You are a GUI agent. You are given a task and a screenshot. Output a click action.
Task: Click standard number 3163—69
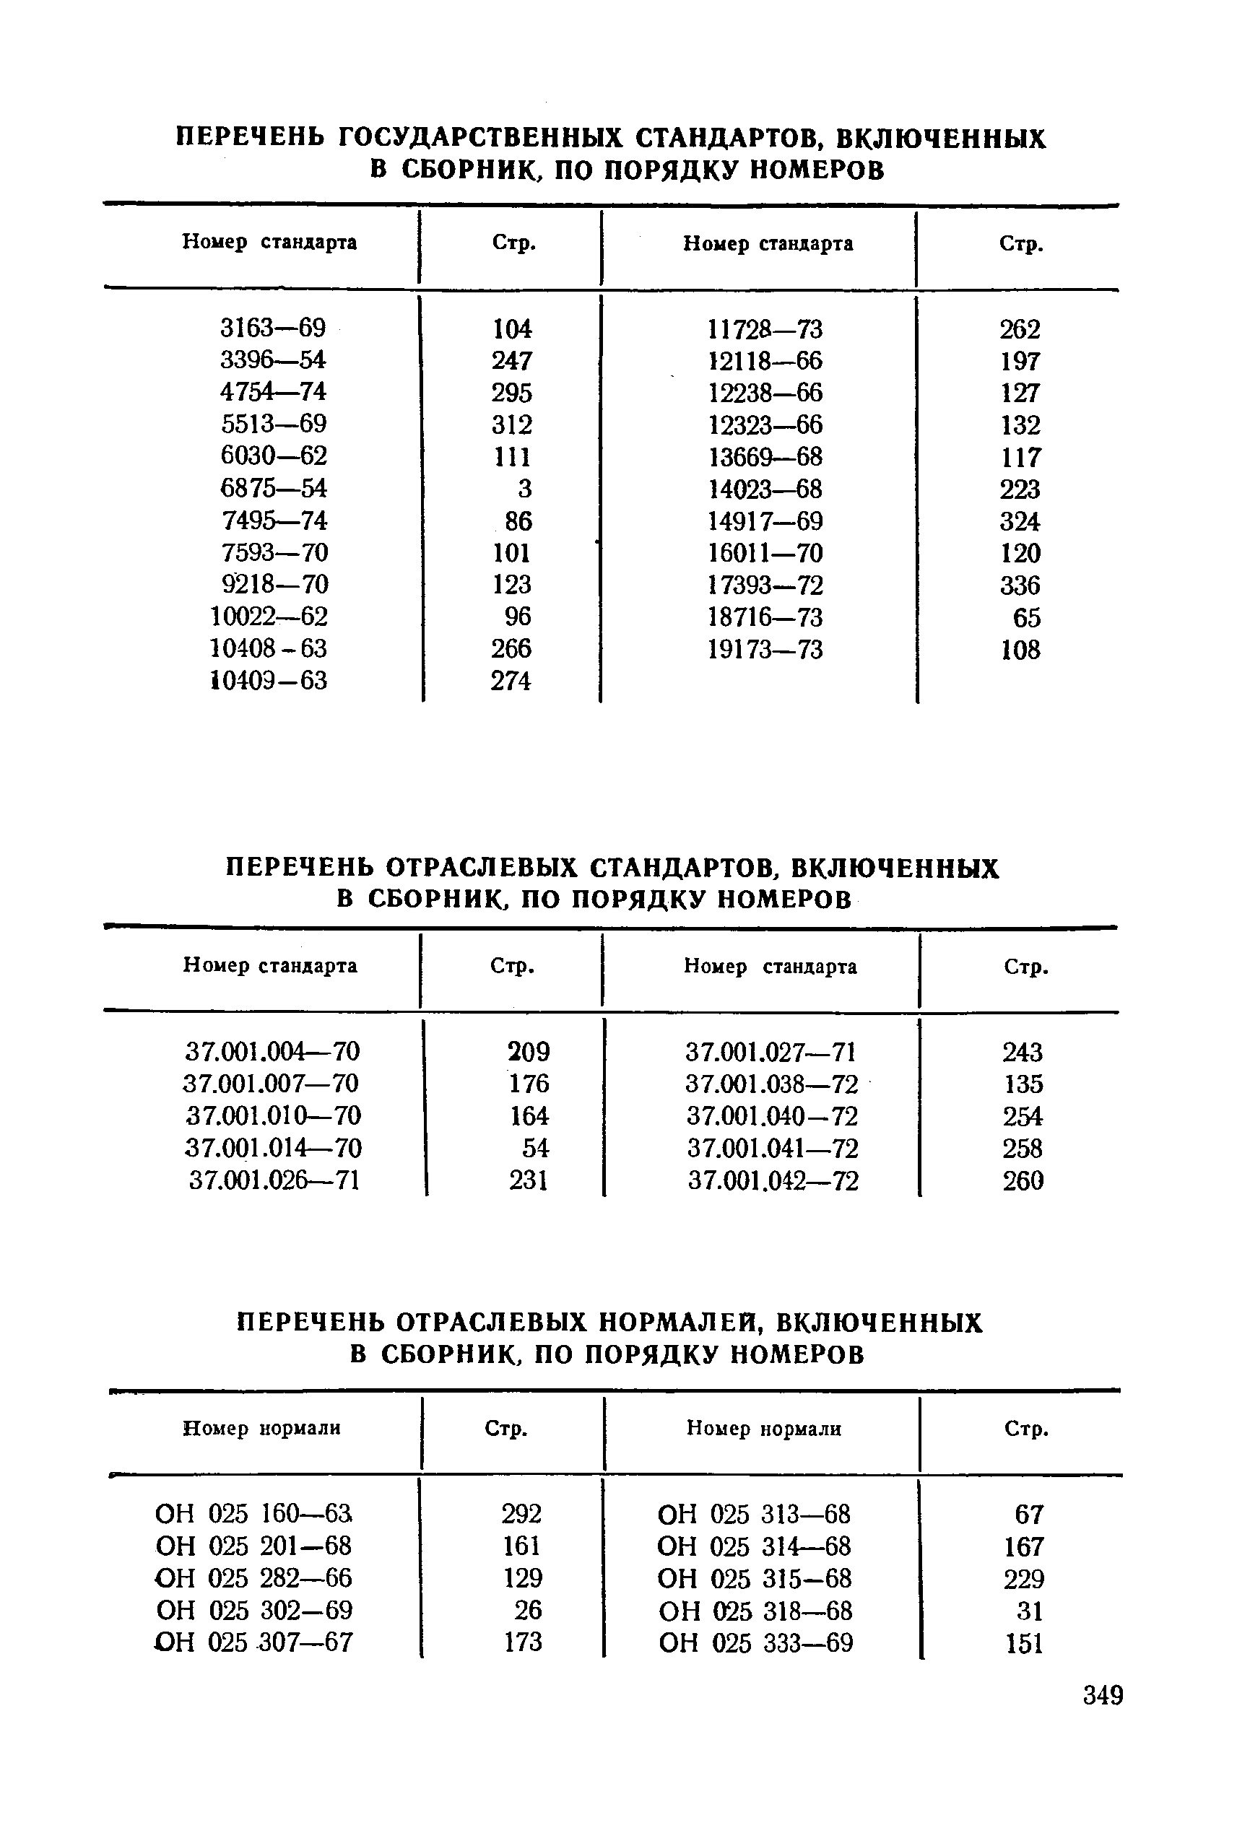pos(273,327)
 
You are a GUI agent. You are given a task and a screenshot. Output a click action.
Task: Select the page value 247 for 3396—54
pos(512,360)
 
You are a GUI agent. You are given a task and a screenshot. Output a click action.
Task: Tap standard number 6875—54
pos(273,488)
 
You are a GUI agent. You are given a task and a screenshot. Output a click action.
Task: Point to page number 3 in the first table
pos(524,489)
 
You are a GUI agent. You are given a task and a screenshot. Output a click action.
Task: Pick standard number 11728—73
pos(765,329)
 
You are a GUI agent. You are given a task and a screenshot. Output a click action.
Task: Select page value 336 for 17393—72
pos(1020,585)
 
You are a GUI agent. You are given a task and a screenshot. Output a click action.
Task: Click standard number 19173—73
pos(765,650)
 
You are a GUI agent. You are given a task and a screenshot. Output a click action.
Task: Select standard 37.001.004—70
pos(273,1051)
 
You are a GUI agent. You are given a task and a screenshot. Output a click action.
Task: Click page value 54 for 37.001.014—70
pos(535,1148)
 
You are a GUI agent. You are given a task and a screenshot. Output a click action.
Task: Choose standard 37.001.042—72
pos(773,1180)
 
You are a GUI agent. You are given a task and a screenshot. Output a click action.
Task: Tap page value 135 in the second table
pos(1023,1084)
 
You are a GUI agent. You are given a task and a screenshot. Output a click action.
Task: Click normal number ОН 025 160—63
pos(253,1514)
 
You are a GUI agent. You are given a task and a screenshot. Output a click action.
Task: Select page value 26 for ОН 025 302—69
pos(528,1610)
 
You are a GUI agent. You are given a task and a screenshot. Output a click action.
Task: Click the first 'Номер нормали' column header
pos(262,1429)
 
